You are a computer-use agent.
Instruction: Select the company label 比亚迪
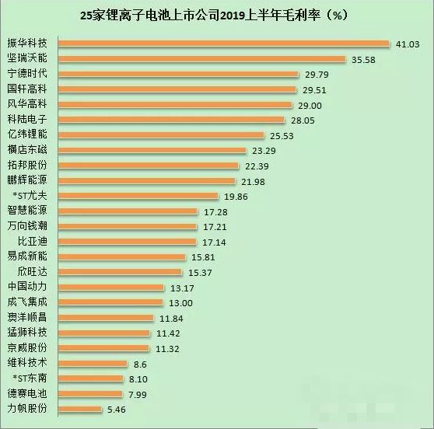pyautogui.click(x=33, y=241)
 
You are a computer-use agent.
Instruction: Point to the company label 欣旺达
pyautogui.click(x=33, y=271)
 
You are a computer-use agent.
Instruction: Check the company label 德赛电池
pyautogui.click(x=27, y=393)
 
